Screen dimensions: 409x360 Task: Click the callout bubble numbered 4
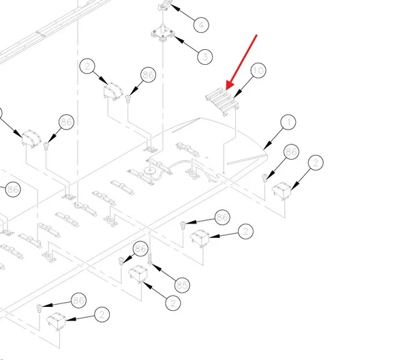point(201,25)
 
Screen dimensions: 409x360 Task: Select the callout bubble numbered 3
point(205,57)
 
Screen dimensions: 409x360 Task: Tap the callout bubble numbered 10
point(258,70)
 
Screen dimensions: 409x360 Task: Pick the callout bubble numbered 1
point(288,122)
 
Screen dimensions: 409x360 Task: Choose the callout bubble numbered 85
point(182,285)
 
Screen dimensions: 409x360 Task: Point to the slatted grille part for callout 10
point(222,102)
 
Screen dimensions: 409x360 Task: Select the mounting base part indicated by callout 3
point(162,34)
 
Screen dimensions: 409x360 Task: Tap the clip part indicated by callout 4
point(166,5)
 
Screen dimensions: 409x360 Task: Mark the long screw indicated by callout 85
point(150,258)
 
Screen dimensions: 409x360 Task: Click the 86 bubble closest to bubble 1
point(291,152)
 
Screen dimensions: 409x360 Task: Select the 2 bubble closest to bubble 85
point(173,303)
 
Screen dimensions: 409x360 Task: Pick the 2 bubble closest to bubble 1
point(316,162)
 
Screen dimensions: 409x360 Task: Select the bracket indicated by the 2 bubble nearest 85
point(138,274)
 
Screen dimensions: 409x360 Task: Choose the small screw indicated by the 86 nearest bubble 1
point(265,178)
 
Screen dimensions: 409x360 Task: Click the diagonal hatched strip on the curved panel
point(247,160)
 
